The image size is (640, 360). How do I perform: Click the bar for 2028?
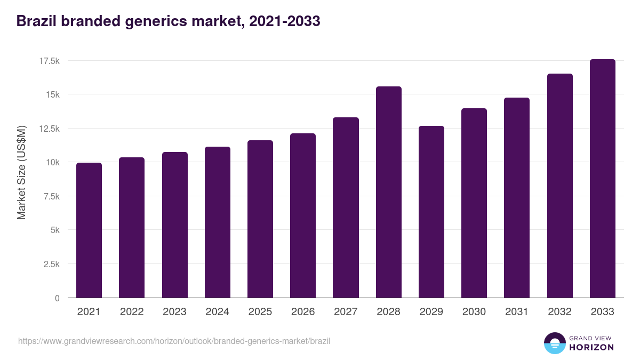point(388,192)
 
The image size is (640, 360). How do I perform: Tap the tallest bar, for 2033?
point(602,179)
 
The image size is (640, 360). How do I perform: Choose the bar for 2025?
point(260,219)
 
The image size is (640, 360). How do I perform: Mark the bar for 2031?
point(517,198)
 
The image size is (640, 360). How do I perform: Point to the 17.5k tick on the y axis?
point(49,61)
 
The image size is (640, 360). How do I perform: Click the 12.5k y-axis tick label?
point(49,129)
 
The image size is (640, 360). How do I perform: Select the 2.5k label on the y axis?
point(51,264)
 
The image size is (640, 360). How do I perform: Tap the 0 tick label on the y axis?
point(57,298)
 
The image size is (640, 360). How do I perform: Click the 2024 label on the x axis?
point(217,312)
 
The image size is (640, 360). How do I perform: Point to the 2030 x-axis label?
point(474,312)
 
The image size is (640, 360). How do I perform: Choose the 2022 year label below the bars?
point(132,312)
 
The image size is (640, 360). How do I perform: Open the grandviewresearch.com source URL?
point(174,341)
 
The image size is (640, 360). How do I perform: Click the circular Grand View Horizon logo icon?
point(554,343)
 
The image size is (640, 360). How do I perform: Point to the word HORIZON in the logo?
point(591,347)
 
